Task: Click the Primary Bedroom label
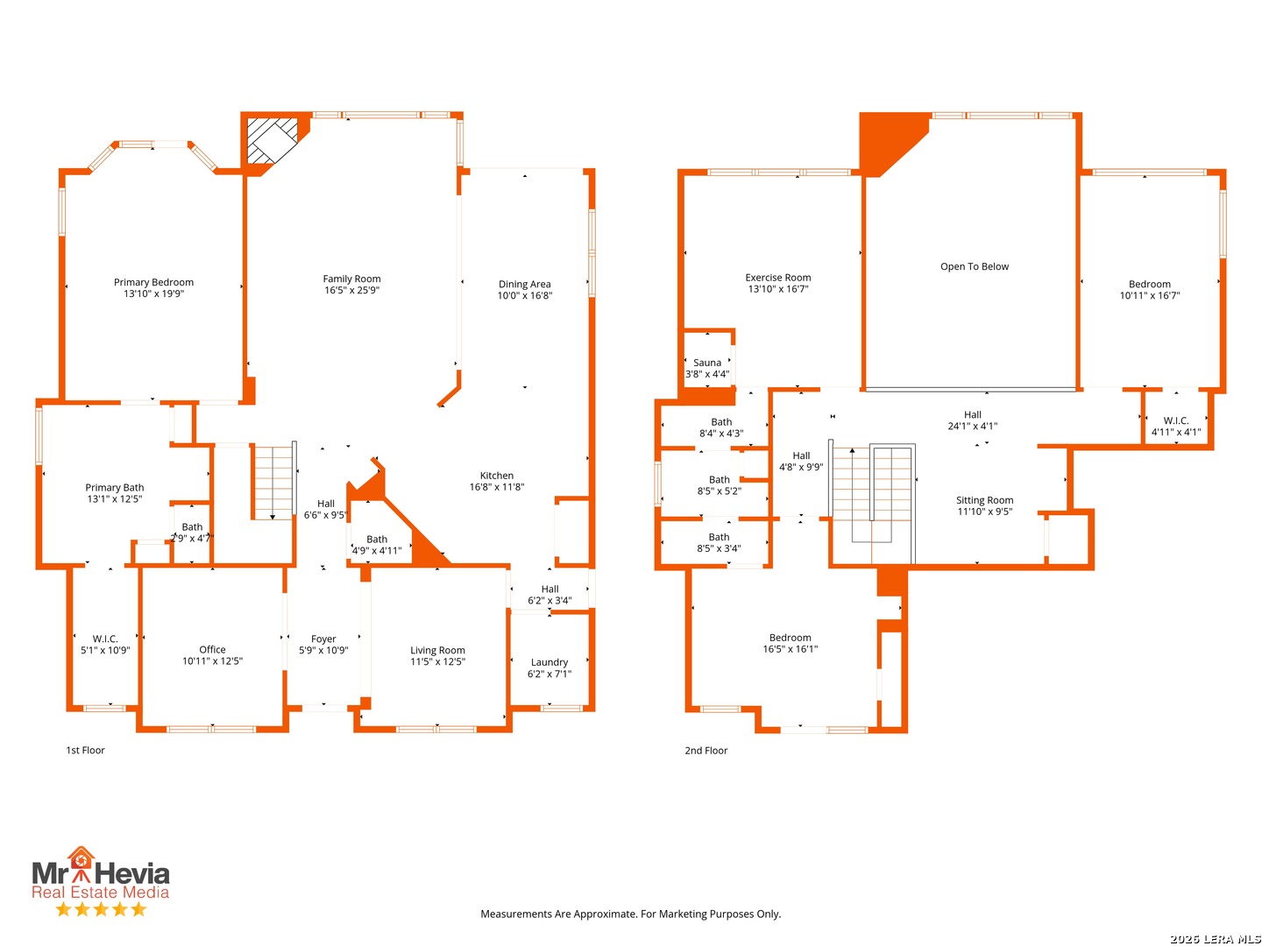click(153, 282)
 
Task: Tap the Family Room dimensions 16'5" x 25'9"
click(351, 290)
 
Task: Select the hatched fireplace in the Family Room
click(272, 140)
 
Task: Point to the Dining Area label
click(524, 284)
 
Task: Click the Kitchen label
click(496, 475)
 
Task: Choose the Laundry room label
click(549, 661)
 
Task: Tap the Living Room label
click(437, 650)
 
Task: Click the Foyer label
click(323, 639)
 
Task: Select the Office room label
click(212, 649)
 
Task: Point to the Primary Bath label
click(115, 487)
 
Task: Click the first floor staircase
click(273, 483)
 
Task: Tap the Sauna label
click(706, 363)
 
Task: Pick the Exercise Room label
click(777, 278)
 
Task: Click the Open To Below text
click(974, 266)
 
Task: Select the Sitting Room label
click(983, 499)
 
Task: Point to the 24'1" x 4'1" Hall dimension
click(972, 426)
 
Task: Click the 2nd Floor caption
click(705, 750)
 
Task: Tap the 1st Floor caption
click(85, 750)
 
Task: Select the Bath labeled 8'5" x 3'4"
click(718, 542)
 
